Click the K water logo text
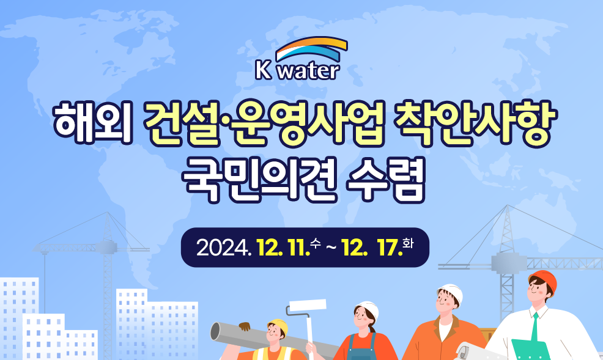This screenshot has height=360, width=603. click(x=297, y=70)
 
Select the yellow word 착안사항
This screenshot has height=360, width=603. click(x=475, y=123)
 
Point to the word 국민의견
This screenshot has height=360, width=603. click(x=260, y=180)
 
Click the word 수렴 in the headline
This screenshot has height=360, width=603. click(x=386, y=180)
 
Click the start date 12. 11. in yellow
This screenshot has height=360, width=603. click(x=284, y=248)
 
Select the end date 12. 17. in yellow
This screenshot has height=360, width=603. click(x=372, y=248)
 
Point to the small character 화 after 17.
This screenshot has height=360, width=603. click(x=408, y=243)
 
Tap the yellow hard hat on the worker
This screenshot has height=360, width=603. click(x=279, y=326)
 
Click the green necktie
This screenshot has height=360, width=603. click(x=535, y=328)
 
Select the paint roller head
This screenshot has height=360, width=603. click(x=308, y=306)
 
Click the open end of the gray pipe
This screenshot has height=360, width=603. click(x=215, y=331)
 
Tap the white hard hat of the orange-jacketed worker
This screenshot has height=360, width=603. click(x=451, y=292)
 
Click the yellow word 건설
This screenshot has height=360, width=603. click(x=182, y=123)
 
